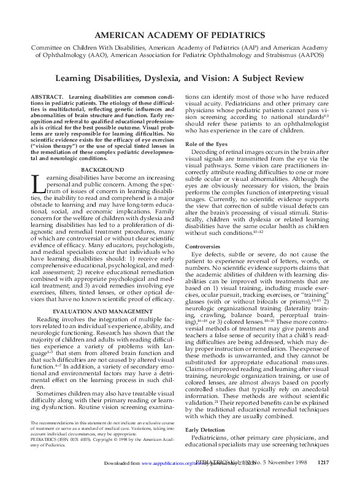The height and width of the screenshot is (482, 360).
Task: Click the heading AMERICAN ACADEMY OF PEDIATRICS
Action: (x=180, y=35)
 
